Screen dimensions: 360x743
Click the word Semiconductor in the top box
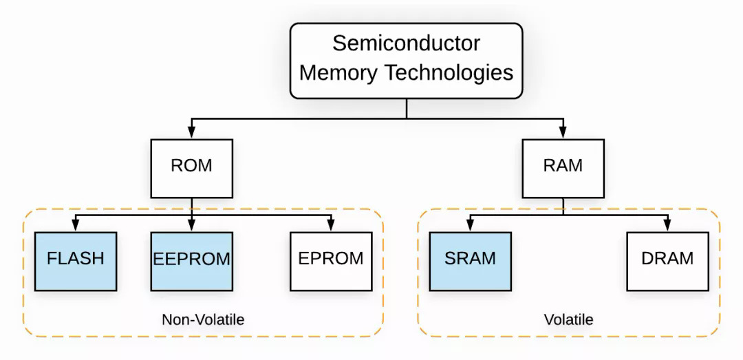pyautogui.click(x=406, y=43)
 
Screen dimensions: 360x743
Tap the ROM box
pyautogui.click(x=192, y=166)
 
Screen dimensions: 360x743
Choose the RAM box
pyautogui.click(x=563, y=166)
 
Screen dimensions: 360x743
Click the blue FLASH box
pyautogui.click(x=76, y=260)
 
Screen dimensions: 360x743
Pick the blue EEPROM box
pyautogui.click(x=192, y=260)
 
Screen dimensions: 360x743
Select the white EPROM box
pyautogui.click(x=331, y=260)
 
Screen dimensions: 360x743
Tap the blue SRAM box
pyautogui.click(x=470, y=260)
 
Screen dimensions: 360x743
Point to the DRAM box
pyautogui.click(x=667, y=260)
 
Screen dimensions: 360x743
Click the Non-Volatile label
pyautogui.click(x=203, y=320)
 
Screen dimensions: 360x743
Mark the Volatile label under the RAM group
pyautogui.click(x=568, y=320)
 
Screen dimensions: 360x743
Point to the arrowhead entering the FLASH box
pyautogui.click(x=76, y=226)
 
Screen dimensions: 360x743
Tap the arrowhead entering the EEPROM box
pyautogui.click(x=192, y=226)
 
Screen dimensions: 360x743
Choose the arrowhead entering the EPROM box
pyautogui.click(x=331, y=226)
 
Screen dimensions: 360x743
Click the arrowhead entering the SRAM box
pyautogui.click(x=470, y=226)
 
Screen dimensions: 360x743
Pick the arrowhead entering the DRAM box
pyautogui.click(x=667, y=226)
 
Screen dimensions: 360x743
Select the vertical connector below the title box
pyautogui.click(x=406, y=109)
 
